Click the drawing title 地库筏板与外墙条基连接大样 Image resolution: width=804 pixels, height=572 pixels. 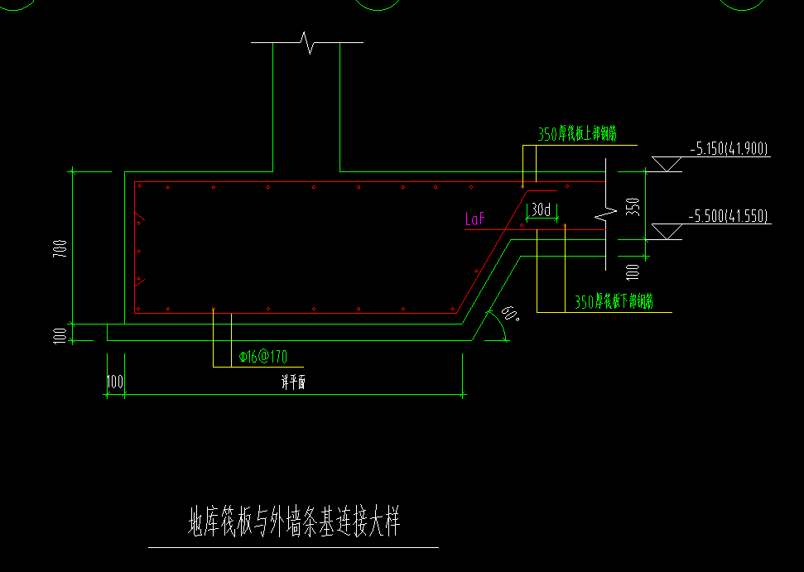coord(294,523)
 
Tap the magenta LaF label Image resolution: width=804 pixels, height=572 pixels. coord(475,219)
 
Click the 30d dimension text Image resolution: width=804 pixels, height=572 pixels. coord(542,210)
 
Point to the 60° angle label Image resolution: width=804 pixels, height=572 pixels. coord(510,315)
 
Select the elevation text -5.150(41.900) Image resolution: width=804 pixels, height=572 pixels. coord(729,150)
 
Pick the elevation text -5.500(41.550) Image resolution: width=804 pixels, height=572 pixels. coord(729,217)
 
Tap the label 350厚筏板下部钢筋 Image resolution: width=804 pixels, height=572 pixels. coord(614,303)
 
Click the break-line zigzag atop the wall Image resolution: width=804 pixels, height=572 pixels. coord(308,42)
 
